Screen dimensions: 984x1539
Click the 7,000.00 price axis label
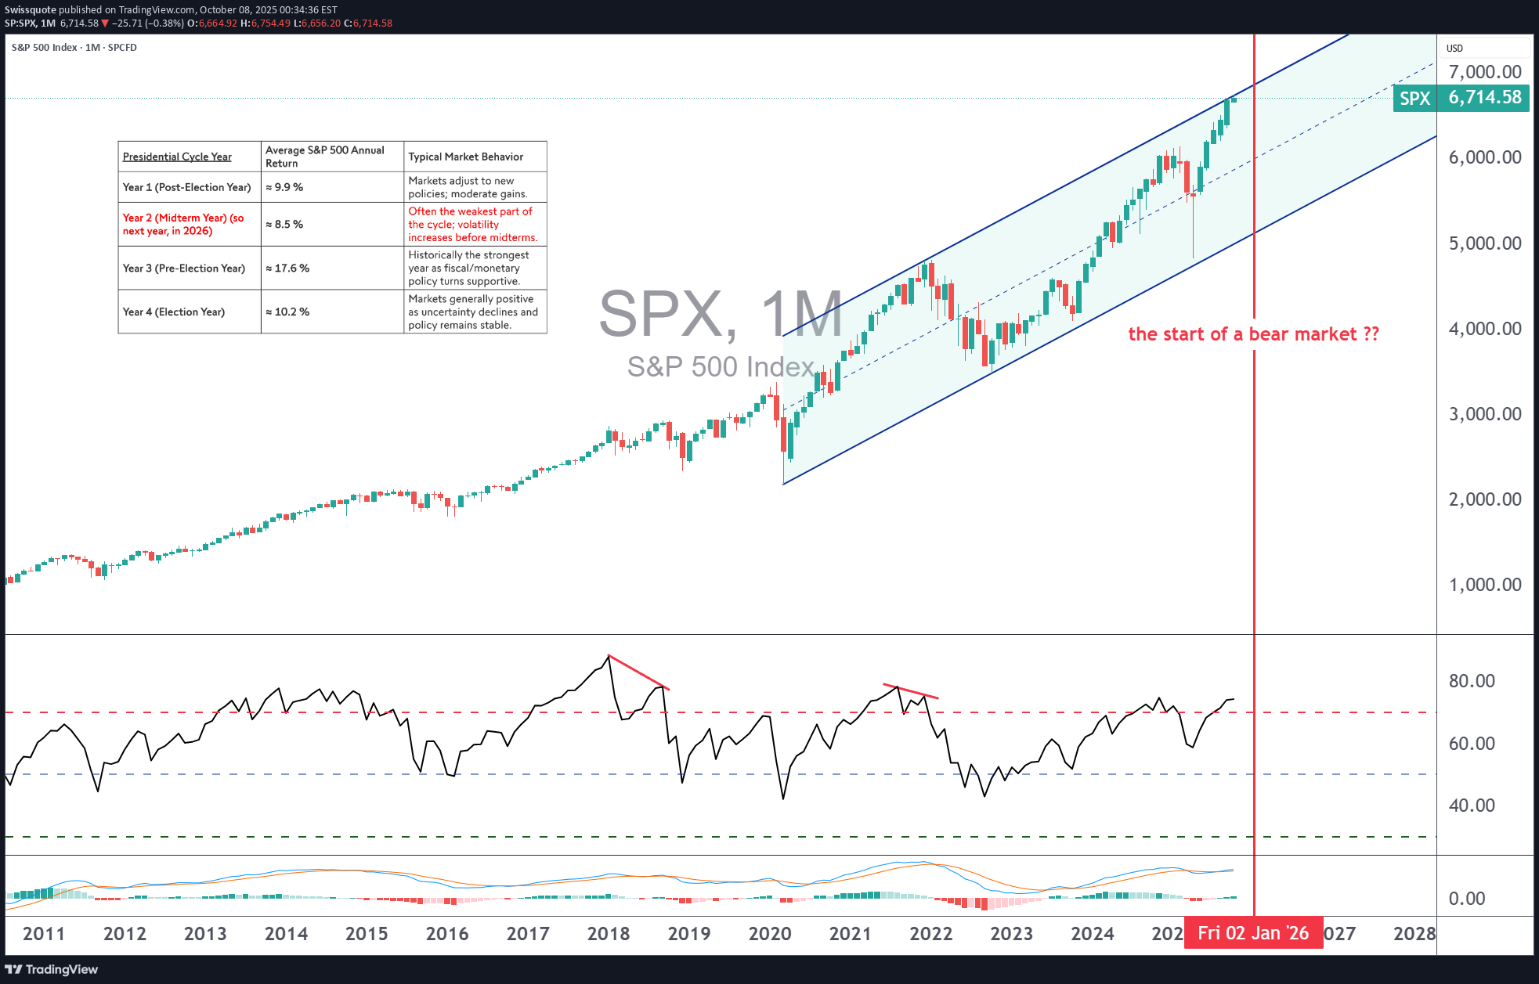[1484, 72]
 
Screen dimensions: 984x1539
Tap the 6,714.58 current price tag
[1484, 98]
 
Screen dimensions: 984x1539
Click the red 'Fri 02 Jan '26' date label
[1252, 933]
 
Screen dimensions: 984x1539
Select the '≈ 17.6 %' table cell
[287, 269]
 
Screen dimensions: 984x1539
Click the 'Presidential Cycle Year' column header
[177, 157]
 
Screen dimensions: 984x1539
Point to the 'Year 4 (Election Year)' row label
[174, 312]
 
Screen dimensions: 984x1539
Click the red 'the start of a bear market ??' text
[1253, 334]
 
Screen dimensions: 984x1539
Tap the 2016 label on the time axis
[447, 934]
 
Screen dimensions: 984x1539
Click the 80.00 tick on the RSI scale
[1471, 681]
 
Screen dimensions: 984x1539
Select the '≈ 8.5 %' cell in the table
[284, 225]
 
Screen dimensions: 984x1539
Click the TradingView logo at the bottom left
[52, 969]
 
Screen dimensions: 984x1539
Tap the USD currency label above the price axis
[1454, 49]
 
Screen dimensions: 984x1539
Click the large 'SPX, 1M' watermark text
[721, 314]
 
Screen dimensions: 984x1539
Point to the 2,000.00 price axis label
[1484, 499]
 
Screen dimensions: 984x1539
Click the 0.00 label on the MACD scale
[1466, 899]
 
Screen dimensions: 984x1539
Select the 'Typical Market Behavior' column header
[465, 157]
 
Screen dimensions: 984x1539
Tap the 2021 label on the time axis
[850, 934]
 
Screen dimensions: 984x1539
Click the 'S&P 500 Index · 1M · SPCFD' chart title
[74, 48]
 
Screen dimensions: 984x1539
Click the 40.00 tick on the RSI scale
[1471, 806]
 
